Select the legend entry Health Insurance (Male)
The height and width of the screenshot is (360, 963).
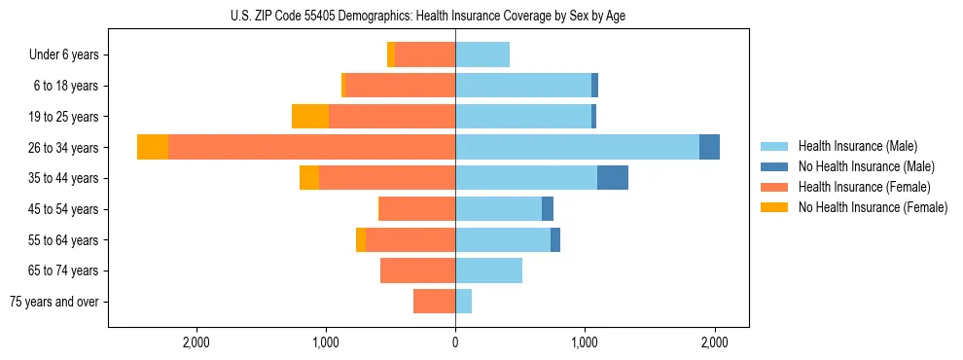pyautogui.click(x=857, y=146)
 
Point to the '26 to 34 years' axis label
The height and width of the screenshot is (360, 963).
pyautogui.click(x=63, y=148)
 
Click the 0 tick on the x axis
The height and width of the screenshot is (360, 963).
pyautogui.click(x=455, y=342)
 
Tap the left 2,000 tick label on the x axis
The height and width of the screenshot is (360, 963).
pyautogui.click(x=196, y=342)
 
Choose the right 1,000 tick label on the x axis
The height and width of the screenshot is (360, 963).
pyautogui.click(x=585, y=342)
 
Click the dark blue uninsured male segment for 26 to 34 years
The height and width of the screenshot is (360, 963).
pyautogui.click(x=709, y=147)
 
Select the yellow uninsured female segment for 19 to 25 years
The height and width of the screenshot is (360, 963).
pyautogui.click(x=310, y=117)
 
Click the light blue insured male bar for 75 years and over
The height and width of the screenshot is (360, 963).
pyautogui.click(x=463, y=302)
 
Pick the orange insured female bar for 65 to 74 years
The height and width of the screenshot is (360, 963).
pyautogui.click(x=417, y=270)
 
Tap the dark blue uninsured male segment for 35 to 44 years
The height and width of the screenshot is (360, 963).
pyautogui.click(x=613, y=178)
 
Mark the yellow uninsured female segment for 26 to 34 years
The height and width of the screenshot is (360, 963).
pyautogui.click(x=153, y=147)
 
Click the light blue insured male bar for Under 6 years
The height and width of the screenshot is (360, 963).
pyautogui.click(x=482, y=54)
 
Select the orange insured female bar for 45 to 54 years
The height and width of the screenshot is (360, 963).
pyautogui.click(x=417, y=209)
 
